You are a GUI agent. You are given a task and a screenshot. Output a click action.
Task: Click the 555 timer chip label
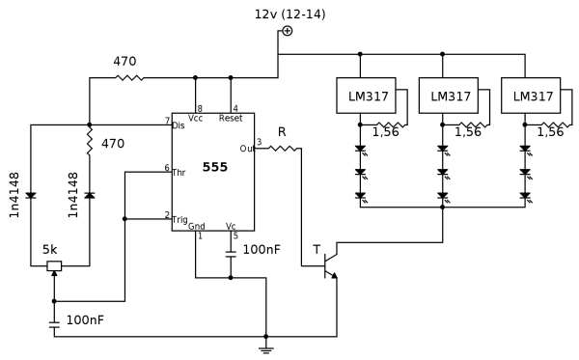(x=216, y=168)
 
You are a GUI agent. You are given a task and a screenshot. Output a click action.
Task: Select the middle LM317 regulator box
(x=449, y=97)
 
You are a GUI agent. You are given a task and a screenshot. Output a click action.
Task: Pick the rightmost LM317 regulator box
(x=531, y=97)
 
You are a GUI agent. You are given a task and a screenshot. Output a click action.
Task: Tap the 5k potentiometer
(x=54, y=266)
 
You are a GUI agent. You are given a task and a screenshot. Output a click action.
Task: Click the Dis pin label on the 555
(x=179, y=125)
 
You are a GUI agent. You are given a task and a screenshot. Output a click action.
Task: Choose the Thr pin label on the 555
(x=179, y=171)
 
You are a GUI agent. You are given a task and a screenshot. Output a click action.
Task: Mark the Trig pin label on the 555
(x=180, y=219)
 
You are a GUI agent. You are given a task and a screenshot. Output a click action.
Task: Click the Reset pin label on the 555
(x=232, y=119)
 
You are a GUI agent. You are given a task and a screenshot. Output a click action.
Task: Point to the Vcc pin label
(x=196, y=119)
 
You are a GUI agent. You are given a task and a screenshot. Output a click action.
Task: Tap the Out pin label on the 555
(x=247, y=149)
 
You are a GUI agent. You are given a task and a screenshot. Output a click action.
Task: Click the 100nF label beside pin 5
(x=262, y=249)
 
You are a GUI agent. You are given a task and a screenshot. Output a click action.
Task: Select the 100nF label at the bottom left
(x=84, y=319)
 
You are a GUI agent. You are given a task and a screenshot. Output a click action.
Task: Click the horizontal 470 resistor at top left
(x=128, y=78)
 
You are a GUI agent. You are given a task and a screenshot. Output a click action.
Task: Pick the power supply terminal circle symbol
(x=287, y=31)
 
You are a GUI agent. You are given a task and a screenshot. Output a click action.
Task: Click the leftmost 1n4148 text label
(x=14, y=196)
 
